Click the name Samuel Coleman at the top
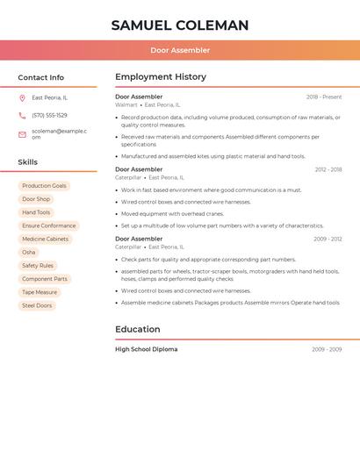point(180,25)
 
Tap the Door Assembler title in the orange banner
point(180,50)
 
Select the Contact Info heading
point(41,77)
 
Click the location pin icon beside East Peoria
point(22,97)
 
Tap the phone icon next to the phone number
point(22,115)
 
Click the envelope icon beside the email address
point(22,133)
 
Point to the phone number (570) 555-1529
point(49,115)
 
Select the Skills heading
point(28,162)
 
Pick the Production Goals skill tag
point(44,186)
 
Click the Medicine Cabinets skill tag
point(45,239)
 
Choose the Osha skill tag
point(29,252)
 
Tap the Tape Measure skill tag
point(40,292)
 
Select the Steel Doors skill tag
point(37,305)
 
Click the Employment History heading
point(161,77)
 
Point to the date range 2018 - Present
point(324,97)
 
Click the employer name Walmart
point(126,104)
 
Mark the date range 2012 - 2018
point(328,169)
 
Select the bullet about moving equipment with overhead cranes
point(172,213)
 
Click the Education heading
point(138,330)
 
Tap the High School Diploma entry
point(147,349)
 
